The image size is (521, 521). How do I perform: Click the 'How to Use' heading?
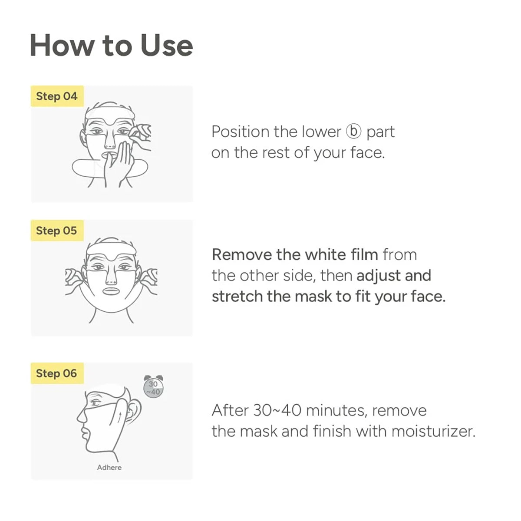click(x=111, y=46)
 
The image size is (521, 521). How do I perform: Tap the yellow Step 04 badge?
click(x=57, y=96)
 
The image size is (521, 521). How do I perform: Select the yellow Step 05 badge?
click(x=56, y=231)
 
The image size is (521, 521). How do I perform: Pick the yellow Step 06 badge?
click(x=56, y=373)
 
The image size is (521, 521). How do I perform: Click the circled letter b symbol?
click(x=353, y=132)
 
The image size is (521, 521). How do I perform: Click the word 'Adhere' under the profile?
click(x=109, y=468)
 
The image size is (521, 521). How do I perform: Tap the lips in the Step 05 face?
click(x=111, y=291)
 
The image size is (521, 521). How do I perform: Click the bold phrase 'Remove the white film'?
click(x=295, y=255)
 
